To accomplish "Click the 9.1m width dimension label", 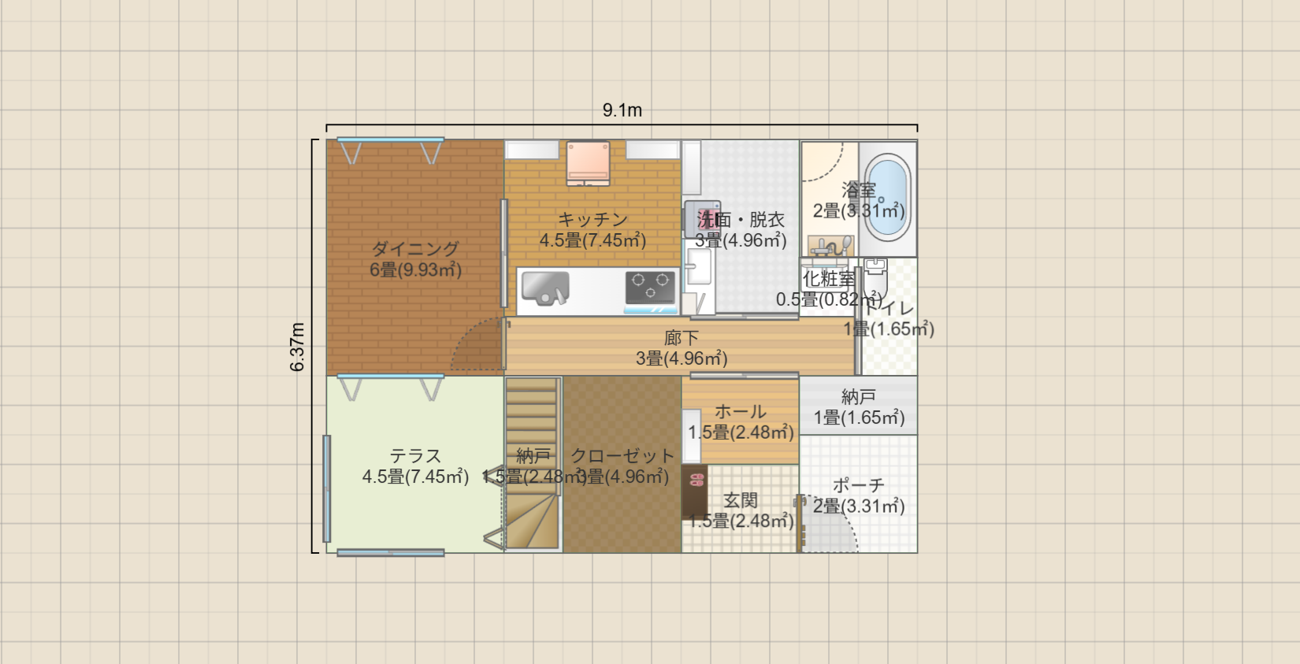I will click(622, 110).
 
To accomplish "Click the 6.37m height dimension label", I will click(298, 347).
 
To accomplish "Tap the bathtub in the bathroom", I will click(888, 197).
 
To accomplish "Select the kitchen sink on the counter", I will click(545, 287).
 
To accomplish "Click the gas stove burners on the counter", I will click(650, 287).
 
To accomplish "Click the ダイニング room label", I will click(415, 249).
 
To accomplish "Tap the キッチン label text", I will click(592, 220).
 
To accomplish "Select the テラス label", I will click(415, 456).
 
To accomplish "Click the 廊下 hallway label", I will click(681, 338).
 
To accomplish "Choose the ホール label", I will click(740, 411).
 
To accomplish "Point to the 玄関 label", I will click(741, 500).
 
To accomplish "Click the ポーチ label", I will click(858, 485).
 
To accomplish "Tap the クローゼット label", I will click(622, 456).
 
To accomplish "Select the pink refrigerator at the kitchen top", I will click(588, 162).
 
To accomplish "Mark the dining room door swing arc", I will click(477, 347).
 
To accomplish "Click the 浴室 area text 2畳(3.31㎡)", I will click(858, 211).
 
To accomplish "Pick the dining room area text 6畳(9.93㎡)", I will click(415, 270).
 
